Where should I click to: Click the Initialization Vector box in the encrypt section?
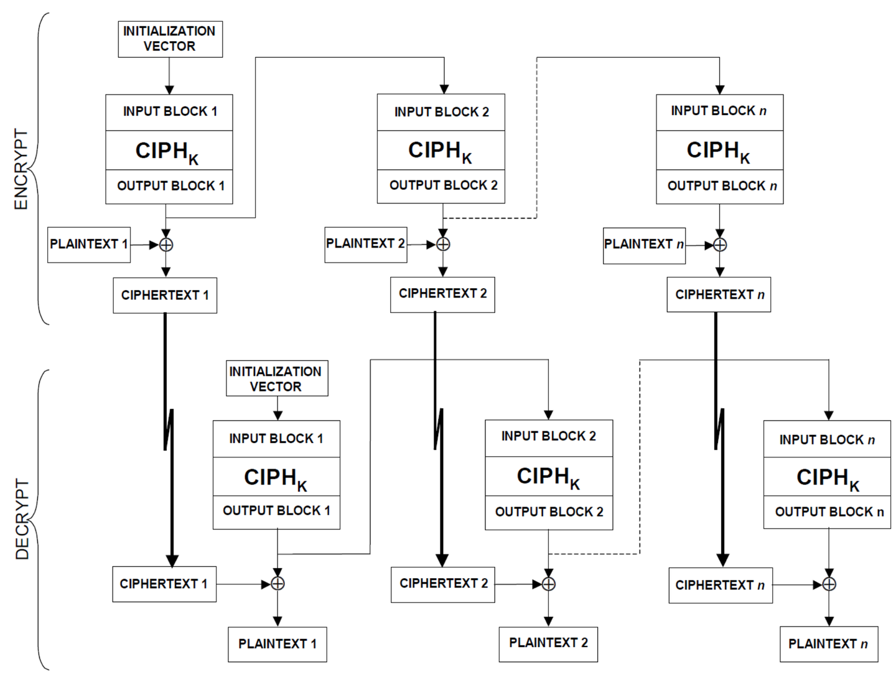click(170, 39)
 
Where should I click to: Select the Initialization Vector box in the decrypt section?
click(277, 378)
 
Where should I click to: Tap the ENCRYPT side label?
click(21, 169)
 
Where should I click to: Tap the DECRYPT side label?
click(22, 519)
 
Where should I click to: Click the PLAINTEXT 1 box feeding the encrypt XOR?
click(89, 245)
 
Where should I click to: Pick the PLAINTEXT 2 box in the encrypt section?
click(366, 245)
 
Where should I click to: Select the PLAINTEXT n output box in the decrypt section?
click(829, 644)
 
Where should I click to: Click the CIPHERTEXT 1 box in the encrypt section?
click(165, 296)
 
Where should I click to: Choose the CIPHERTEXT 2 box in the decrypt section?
click(443, 584)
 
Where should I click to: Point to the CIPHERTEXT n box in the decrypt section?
click(721, 586)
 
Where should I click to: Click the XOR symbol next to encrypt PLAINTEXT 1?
click(166, 245)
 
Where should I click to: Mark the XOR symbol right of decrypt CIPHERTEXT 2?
click(549, 584)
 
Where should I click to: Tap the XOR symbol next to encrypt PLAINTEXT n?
click(720, 245)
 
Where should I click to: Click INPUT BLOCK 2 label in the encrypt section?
click(442, 112)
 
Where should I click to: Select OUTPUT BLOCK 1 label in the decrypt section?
click(276, 511)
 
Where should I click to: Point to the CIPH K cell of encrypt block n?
click(720, 150)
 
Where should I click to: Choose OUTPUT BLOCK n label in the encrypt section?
click(722, 186)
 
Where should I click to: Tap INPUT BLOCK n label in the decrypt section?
click(827, 440)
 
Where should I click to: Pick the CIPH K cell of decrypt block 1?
click(276, 477)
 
